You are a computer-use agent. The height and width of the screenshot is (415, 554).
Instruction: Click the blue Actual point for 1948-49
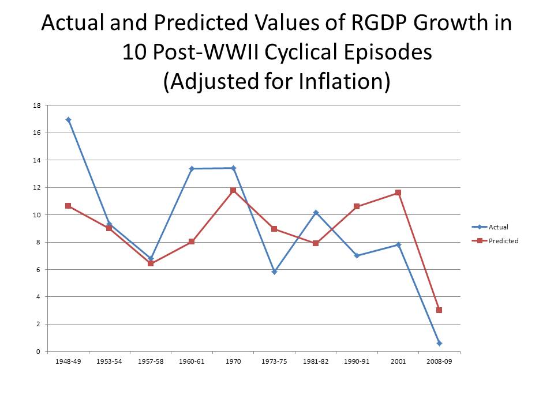click(x=68, y=120)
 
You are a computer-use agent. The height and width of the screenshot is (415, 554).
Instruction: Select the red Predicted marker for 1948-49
click(x=68, y=206)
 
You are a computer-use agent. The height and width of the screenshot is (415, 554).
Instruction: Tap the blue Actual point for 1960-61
click(x=192, y=168)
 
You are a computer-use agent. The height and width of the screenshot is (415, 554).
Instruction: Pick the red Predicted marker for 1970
click(x=233, y=190)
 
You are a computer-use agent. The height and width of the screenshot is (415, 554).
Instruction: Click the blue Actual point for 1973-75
click(x=274, y=271)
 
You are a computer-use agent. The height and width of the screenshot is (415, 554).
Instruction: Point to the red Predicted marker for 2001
click(x=398, y=193)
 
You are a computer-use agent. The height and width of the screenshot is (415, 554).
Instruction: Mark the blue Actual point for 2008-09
click(x=439, y=343)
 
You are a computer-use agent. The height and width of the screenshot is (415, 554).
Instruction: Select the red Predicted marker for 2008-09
click(x=439, y=310)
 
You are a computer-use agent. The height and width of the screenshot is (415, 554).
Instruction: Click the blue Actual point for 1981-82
click(x=316, y=213)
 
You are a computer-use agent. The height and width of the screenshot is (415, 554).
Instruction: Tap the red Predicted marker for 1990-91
click(x=357, y=206)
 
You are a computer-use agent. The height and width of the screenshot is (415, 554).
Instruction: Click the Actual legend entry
click(x=498, y=227)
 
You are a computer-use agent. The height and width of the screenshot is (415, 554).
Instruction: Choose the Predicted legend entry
click(x=503, y=241)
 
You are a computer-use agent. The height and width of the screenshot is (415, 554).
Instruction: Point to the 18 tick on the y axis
click(x=36, y=105)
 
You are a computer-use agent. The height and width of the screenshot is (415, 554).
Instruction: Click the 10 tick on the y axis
click(x=36, y=215)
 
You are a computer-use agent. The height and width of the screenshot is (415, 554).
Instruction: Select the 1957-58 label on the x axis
click(x=151, y=361)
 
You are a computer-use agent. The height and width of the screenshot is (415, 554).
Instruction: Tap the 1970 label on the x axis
click(x=233, y=361)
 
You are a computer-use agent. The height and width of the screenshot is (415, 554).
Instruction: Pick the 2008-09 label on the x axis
click(x=439, y=361)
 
